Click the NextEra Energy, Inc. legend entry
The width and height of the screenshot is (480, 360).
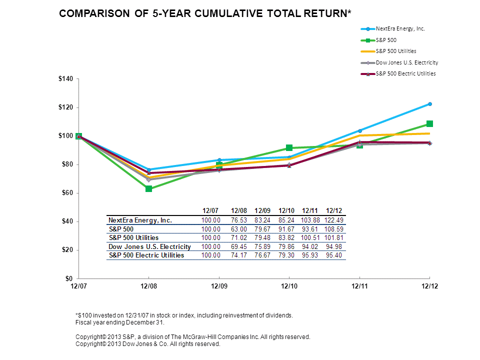400,28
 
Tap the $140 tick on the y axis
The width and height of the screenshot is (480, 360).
66,79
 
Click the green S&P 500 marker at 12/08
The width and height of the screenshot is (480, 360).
148,188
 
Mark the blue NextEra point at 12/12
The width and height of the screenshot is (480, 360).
429,104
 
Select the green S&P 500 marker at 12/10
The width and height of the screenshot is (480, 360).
289,148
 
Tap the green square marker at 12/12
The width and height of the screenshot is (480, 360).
429,123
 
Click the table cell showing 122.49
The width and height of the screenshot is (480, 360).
333,220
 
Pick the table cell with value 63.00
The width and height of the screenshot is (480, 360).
239,229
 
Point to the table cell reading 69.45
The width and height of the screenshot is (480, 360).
239,246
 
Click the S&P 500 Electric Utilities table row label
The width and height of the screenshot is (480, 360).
146,255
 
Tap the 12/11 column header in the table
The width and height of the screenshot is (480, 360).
310,210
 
